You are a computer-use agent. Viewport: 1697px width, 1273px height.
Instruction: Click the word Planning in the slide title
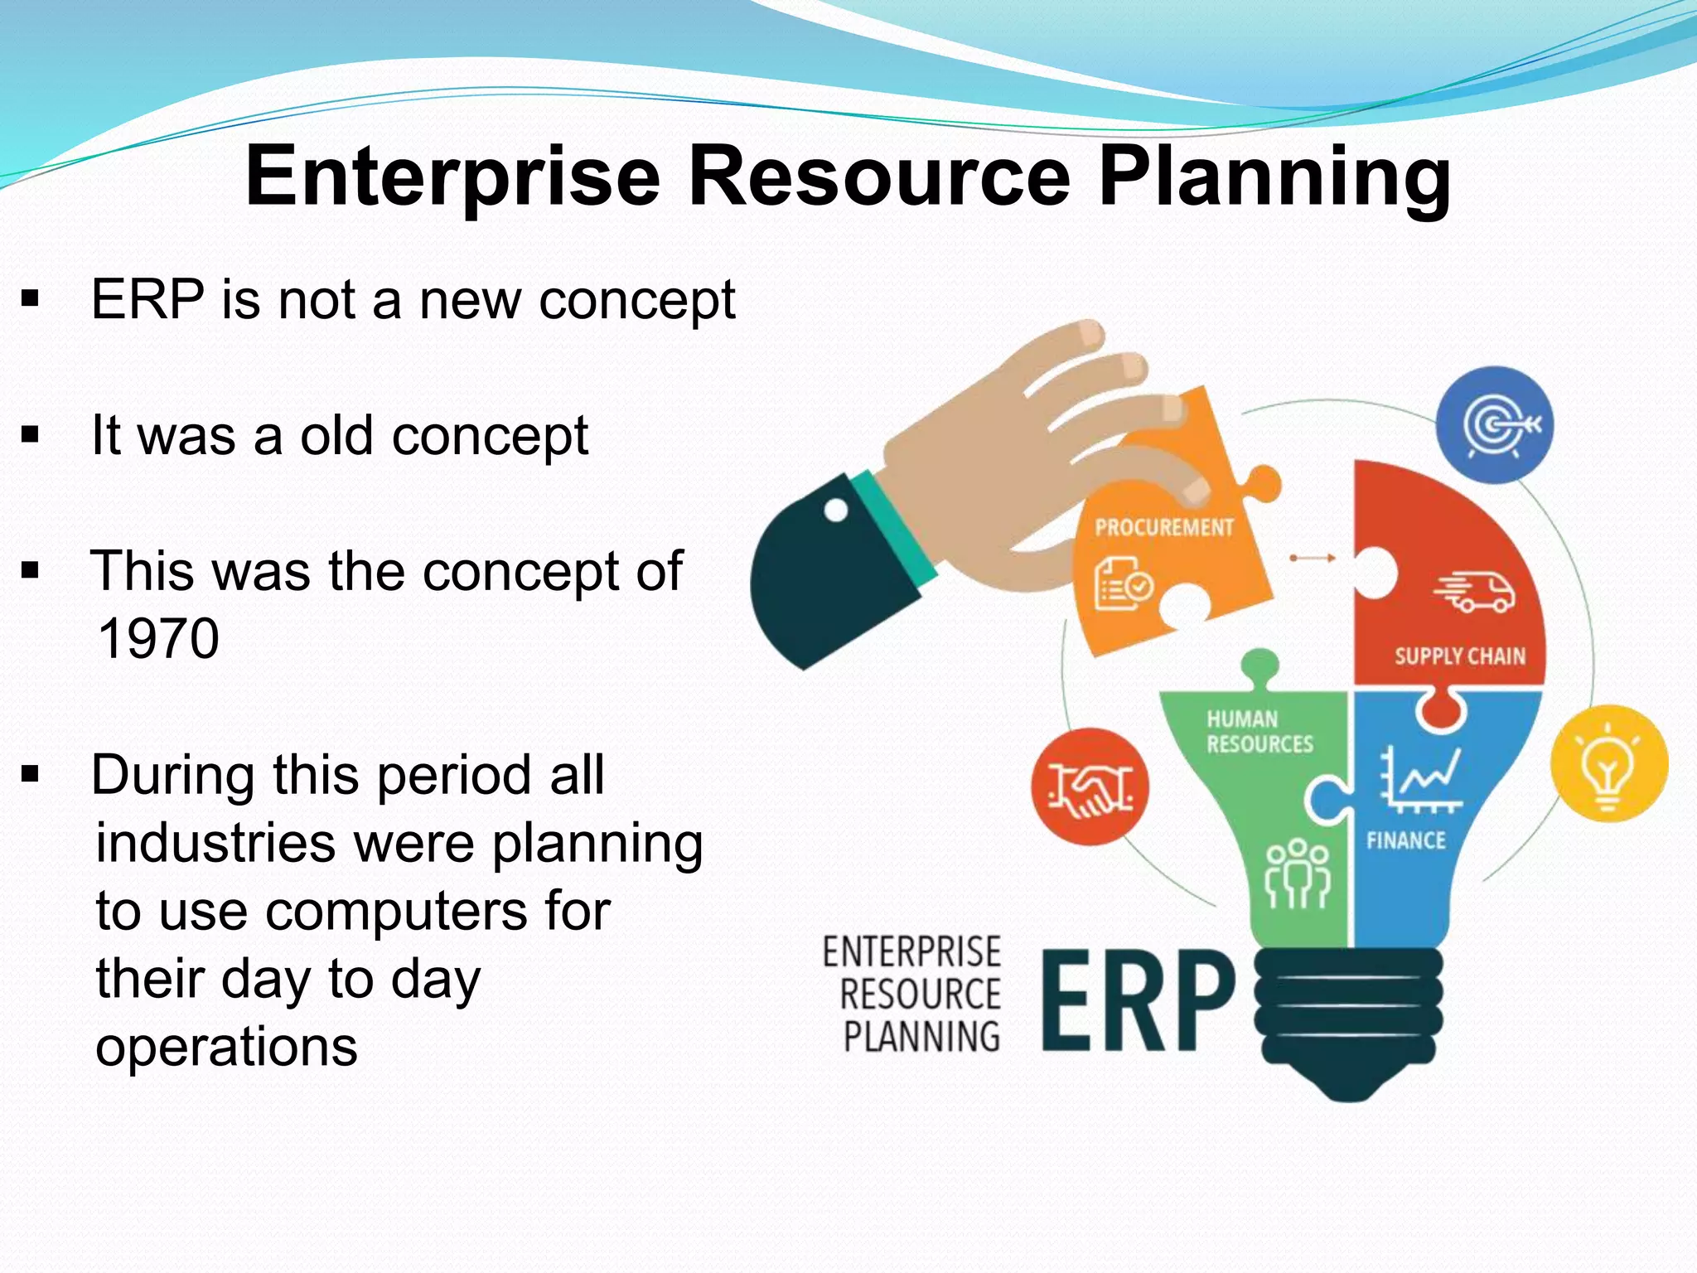1274,177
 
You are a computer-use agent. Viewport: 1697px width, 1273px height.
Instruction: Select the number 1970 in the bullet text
157,638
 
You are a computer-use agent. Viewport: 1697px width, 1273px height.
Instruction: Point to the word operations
226,1046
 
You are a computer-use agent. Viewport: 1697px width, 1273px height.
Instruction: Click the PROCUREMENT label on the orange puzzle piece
1163,527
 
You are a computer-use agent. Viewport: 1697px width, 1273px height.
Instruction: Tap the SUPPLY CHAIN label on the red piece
1459,656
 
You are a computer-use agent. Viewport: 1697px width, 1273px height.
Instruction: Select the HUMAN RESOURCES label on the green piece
1259,731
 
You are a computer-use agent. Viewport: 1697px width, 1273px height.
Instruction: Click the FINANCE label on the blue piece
1405,840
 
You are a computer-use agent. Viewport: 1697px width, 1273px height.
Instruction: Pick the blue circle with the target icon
1494,425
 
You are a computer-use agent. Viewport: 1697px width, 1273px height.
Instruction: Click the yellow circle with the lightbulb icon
1608,763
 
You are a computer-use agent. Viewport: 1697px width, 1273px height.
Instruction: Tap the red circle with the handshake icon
1090,787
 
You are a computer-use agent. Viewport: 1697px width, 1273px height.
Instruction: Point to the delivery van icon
1475,591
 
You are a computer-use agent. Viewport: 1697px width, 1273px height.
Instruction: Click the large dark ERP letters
1137,1000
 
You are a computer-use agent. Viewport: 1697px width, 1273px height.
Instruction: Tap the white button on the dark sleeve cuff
836,510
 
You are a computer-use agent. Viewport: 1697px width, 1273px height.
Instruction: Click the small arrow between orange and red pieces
1313,558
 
